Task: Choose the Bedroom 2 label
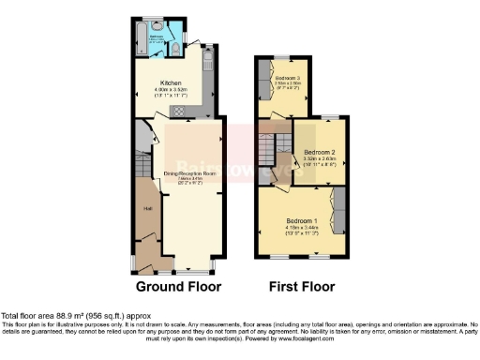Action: click(321, 151)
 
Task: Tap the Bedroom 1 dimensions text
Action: click(302, 231)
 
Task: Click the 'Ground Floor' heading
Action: click(178, 285)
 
